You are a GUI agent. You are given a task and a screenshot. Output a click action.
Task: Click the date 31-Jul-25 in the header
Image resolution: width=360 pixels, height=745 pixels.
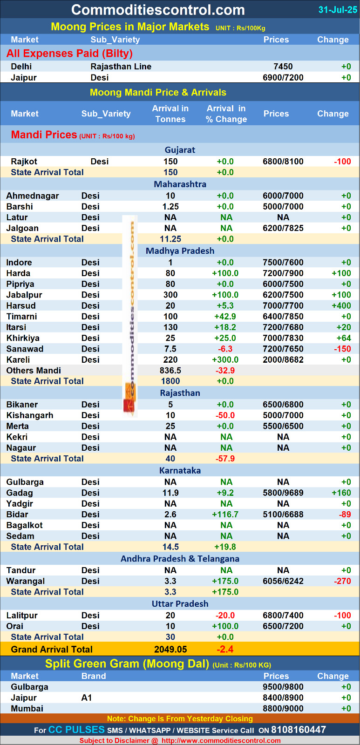pos(338,10)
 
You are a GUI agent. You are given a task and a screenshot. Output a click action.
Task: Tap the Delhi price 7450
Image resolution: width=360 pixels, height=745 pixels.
pos(283,67)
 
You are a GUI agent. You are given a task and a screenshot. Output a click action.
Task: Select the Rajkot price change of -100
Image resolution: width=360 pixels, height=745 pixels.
pos(342,162)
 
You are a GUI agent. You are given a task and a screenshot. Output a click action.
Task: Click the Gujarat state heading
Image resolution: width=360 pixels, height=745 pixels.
pos(180,150)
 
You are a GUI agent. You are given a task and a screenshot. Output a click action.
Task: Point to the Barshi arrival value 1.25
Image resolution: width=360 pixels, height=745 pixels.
pos(170,207)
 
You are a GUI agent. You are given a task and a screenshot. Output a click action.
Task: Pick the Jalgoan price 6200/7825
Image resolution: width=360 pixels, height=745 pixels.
pos(283,228)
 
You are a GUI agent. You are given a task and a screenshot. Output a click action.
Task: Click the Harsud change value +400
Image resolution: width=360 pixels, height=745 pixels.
pos(341,306)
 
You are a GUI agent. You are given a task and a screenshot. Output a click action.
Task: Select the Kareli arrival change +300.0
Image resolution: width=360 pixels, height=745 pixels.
pos(225,360)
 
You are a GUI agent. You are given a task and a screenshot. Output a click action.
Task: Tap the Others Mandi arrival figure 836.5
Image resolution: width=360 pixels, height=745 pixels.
pos(170,371)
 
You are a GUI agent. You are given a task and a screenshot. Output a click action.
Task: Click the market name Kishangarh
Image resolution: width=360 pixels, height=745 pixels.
pos(30,415)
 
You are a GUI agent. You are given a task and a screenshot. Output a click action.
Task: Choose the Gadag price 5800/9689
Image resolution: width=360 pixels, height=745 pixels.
pos(283,493)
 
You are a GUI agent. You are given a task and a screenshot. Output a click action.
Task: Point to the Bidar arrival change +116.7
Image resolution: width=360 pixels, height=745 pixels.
pos(225,515)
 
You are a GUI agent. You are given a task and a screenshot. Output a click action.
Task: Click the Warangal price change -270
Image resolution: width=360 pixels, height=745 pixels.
pos(342,581)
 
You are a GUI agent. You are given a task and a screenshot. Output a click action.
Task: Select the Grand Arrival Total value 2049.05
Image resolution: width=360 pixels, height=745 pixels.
pos(170,650)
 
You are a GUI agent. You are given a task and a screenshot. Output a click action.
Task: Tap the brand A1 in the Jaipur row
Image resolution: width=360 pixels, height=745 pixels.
pos(87,698)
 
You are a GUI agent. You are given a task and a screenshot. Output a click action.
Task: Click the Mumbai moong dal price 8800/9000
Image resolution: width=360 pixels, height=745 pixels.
pos(283,709)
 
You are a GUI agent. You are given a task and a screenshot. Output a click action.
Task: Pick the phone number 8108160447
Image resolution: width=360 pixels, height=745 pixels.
pos(298,730)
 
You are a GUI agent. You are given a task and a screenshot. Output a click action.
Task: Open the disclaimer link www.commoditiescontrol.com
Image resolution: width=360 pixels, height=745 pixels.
pos(221,741)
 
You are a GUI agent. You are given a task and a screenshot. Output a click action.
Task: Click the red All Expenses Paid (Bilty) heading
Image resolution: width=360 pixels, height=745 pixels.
pos(69,54)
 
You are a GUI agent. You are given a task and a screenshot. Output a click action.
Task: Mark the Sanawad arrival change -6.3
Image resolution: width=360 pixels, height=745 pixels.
pos(225,349)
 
